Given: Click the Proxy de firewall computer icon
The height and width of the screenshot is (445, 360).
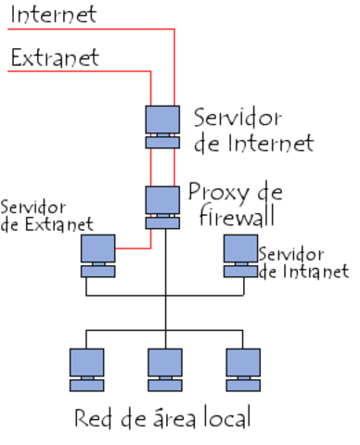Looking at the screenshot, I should (162, 206).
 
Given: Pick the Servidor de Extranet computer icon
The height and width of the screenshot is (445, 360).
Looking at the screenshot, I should (97, 255).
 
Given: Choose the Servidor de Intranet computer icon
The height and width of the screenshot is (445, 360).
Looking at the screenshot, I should (240, 255).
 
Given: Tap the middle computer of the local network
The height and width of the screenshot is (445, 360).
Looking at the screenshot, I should (165, 368).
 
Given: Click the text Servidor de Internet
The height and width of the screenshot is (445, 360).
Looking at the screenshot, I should (253, 131).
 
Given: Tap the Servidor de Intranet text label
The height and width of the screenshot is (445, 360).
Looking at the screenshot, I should (303, 262).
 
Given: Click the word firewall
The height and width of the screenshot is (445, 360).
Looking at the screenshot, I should (235, 218).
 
